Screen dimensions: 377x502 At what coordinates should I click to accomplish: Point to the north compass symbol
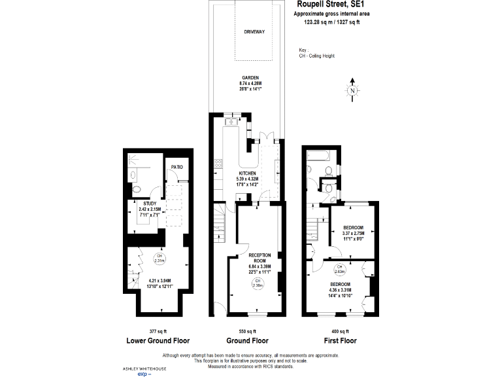(353, 91)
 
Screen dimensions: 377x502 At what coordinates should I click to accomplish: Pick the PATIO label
(176, 168)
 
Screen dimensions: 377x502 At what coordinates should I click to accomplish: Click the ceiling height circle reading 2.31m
(159, 258)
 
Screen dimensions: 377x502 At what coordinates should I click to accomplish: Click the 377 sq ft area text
(158, 331)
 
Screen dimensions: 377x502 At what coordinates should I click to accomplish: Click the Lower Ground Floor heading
(158, 341)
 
